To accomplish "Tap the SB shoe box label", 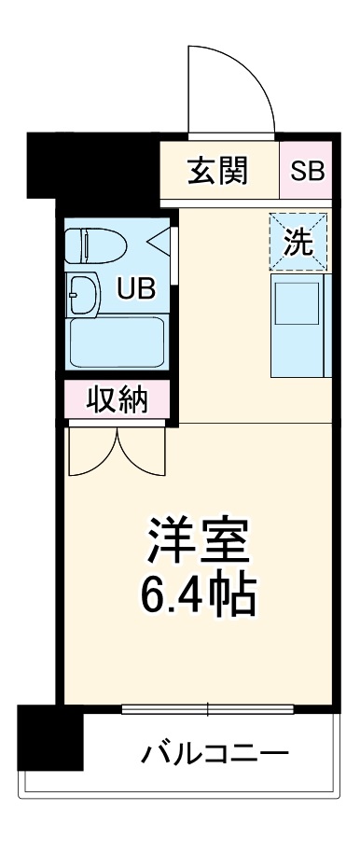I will click(306, 171).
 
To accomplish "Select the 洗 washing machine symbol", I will click(298, 242).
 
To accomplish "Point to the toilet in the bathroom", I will click(98, 246).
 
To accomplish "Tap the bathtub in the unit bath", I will click(118, 342).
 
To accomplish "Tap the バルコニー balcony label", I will click(215, 752).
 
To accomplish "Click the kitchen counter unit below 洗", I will click(298, 325).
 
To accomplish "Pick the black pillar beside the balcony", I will click(49, 736).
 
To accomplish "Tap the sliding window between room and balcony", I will click(209, 710).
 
